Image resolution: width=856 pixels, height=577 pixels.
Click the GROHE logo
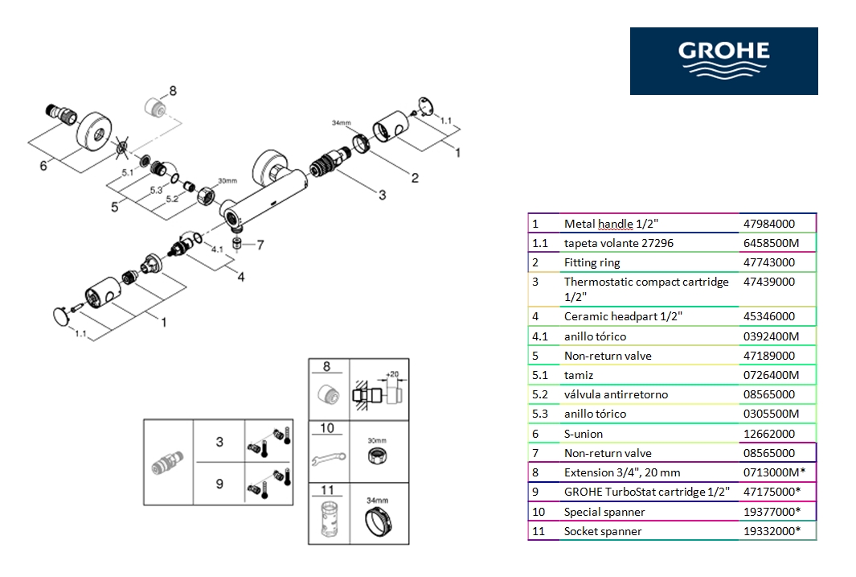[x=723, y=61]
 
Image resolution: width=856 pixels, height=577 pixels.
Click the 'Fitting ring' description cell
[x=592, y=262]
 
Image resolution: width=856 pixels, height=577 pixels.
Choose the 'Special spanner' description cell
[x=604, y=512]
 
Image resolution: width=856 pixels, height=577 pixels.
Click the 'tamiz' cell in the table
[x=579, y=375]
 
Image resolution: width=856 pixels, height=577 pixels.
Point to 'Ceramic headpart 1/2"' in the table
[x=623, y=317]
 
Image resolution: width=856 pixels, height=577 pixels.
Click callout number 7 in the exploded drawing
[x=260, y=245]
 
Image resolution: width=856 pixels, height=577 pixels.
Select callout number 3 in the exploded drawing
[x=383, y=195]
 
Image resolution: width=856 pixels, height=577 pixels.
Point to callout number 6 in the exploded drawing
[x=43, y=166]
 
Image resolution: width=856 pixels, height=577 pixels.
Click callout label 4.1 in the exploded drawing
[x=216, y=249]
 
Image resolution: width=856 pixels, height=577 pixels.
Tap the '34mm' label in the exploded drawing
[x=342, y=122]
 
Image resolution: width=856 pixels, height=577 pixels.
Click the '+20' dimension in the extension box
[x=392, y=374]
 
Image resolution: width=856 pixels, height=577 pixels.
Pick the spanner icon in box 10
[x=329, y=458]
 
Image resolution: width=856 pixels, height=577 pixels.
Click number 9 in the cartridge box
[x=219, y=484]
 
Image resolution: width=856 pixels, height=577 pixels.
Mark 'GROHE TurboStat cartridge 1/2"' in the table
[x=646, y=492]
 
